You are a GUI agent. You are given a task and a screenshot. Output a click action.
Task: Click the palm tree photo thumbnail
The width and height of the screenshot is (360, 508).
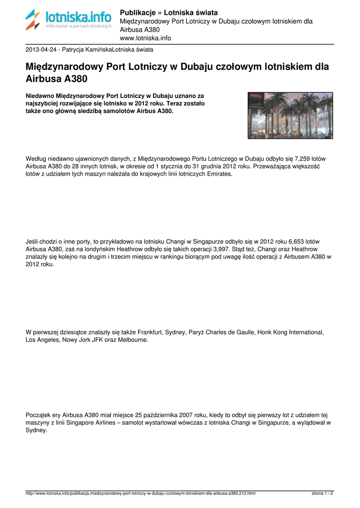(290, 116)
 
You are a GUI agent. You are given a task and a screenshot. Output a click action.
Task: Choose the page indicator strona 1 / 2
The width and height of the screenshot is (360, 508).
(322, 494)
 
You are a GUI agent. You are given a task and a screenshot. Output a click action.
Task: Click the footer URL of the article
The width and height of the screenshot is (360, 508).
(141, 494)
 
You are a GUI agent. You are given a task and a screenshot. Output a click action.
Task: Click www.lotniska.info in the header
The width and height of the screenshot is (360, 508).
(145, 38)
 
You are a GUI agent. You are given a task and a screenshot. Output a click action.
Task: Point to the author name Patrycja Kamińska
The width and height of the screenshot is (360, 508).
(87, 50)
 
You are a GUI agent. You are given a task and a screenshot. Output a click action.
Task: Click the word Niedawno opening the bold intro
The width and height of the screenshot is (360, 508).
(40, 95)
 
